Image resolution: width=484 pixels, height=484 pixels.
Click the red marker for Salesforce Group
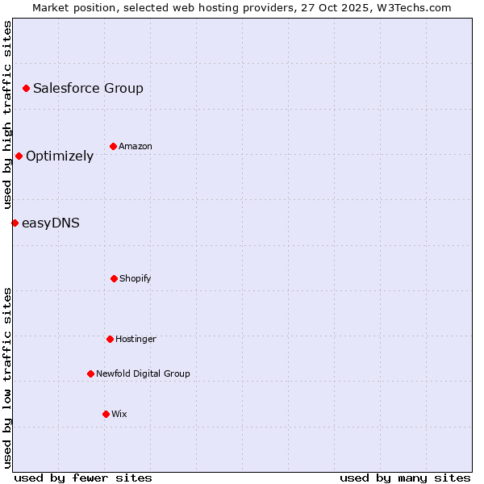point(26,88)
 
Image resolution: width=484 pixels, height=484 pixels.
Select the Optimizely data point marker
point(19,156)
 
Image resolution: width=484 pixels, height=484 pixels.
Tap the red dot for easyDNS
point(15,223)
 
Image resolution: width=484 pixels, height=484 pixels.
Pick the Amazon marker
point(113,146)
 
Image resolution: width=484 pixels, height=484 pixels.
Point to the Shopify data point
point(114,278)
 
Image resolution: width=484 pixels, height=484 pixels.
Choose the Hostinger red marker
point(110,339)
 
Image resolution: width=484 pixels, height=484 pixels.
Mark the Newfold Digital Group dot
point(90,373)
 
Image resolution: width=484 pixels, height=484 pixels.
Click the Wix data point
point(106,414)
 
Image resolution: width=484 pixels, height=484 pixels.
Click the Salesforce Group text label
point(88,89)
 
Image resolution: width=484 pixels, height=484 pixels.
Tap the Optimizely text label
point(60,156)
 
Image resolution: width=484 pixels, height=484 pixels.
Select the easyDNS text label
point(51,223)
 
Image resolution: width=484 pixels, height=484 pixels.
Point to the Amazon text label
point(136,147)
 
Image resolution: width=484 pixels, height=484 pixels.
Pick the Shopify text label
point(136,279)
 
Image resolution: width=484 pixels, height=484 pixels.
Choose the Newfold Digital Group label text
point(143,374)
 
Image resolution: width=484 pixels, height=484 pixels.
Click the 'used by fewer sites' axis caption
point(83,478)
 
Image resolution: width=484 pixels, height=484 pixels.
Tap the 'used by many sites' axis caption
point(405,478)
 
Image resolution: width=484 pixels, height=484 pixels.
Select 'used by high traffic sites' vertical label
point(7,115)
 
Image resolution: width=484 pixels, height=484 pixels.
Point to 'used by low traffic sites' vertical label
point(7,378)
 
